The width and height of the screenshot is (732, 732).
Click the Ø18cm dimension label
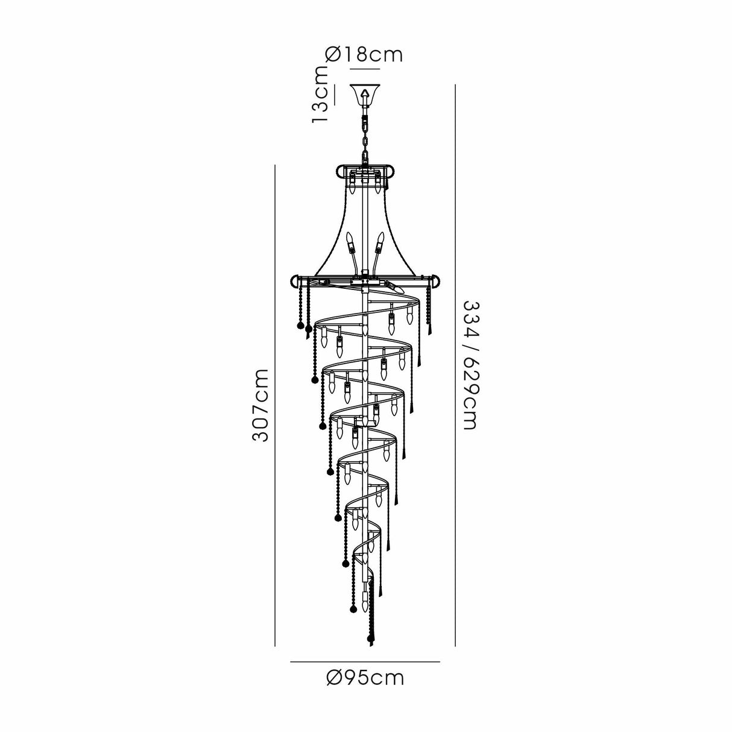coord(364,55)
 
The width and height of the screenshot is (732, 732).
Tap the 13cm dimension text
coord(321,94)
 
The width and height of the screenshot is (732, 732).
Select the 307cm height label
coord(260,405)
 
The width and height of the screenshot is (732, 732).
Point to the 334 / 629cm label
coord(469,365)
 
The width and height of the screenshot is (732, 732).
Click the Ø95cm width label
coord(365,678)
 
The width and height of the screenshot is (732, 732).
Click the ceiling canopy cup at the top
coord(365,93)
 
